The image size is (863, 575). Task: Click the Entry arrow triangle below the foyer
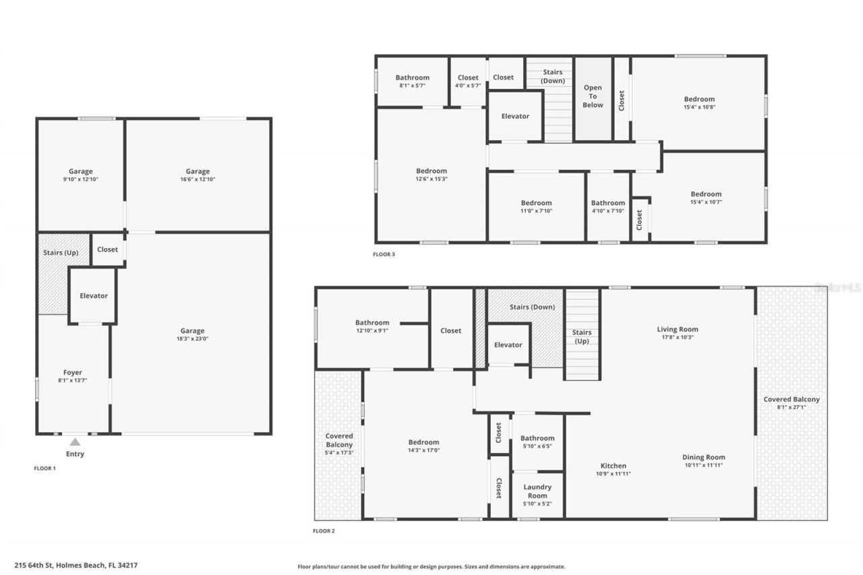pyautogui.click(x=76, y=442)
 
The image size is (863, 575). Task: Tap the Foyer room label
pyautogui.click(x=73, y=373)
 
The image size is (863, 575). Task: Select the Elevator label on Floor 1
pyautogui.click(x=94, y=296)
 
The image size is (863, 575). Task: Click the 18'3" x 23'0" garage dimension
pyautogui.click(x=192, y=339)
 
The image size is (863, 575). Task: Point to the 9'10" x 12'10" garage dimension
pyautogui.click(x=80, y=179)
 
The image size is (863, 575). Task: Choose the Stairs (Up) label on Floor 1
pyautogui.click(x=61, y=252)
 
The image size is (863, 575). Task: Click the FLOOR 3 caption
pyautogui.click(x=384, y=254)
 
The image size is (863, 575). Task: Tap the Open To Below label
pyautogui.click(x=593, y=96)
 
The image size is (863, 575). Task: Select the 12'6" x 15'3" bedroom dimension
pyautogui.click(x=431, y=179)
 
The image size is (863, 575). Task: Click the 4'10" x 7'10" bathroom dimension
pyautogui.click(x=608, y=211)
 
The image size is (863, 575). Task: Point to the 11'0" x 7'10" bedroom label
pyautogui.click(x=536, y=203)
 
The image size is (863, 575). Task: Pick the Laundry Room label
pyautogui.click(x=537, y=491)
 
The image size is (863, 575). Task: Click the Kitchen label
pyautogui.click(x=614, y=466)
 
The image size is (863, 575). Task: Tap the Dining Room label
pyautogui.click(x=703, y=457)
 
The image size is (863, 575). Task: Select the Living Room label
pyautogui.click(x=678, y=330)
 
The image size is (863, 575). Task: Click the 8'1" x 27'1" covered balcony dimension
pyautogui.click(x=792, y=407)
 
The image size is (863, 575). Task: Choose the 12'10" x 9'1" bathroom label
pyautogui.click(x=372, y=323)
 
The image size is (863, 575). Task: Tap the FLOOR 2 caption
pyautogui.click(x=324, y=531)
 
